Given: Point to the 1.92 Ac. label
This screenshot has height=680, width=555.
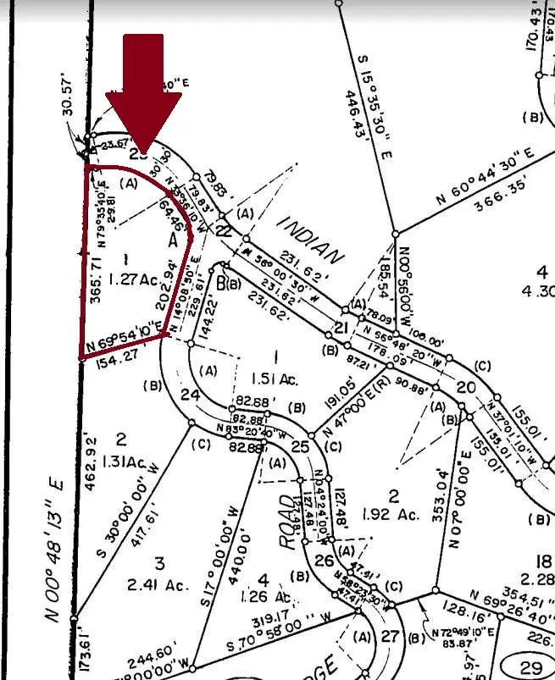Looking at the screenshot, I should tap(391, 513).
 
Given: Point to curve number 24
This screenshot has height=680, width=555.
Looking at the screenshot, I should tap(191, 395).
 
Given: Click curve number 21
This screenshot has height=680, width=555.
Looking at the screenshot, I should tap(342, 328).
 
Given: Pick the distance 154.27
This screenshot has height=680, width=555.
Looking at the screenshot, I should tap(108, 357).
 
